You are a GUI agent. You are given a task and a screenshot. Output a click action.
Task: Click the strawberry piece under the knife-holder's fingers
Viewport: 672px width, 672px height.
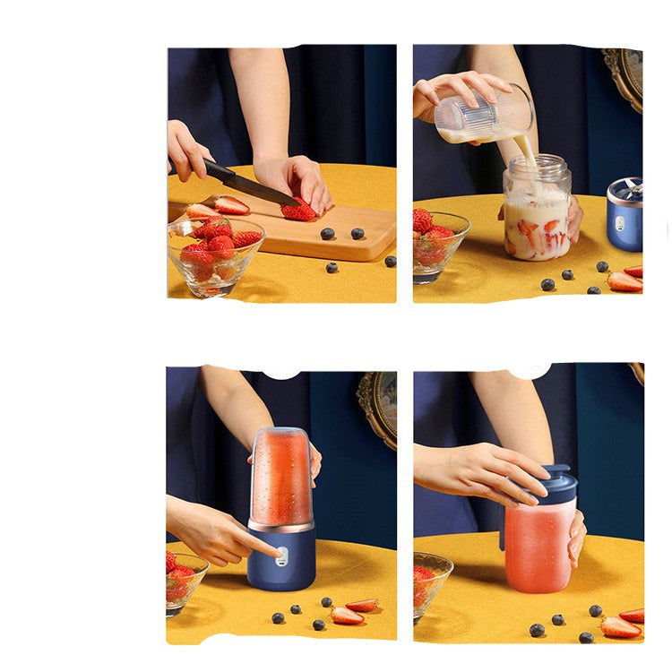click(298, 211)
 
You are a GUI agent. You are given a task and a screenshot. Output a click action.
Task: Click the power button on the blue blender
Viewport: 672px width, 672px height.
click(281, 556)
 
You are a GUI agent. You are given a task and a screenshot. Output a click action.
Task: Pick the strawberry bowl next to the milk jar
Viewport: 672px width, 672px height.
click(439, 242)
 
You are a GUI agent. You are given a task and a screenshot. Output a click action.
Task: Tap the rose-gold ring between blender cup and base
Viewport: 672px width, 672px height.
click(280, 526)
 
